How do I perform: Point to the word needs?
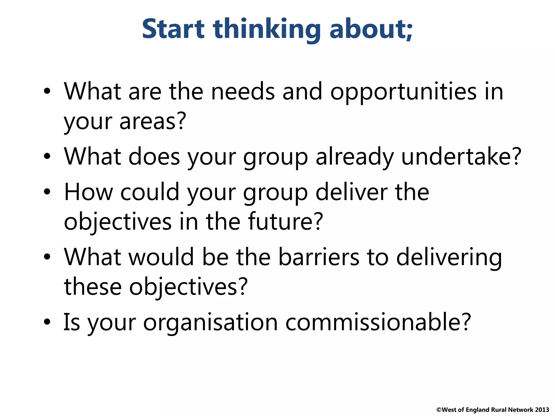[x=243, y=92]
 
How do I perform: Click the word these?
[x=93, y=287]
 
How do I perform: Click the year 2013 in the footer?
[x=542, y=410]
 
